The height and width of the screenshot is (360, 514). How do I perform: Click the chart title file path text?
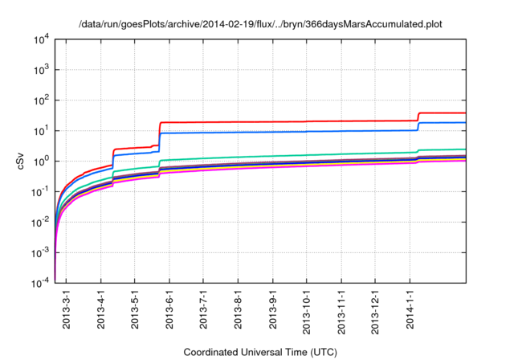(x=260, y=24)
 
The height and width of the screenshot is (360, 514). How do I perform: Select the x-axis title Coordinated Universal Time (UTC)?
(x=260, y=352)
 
